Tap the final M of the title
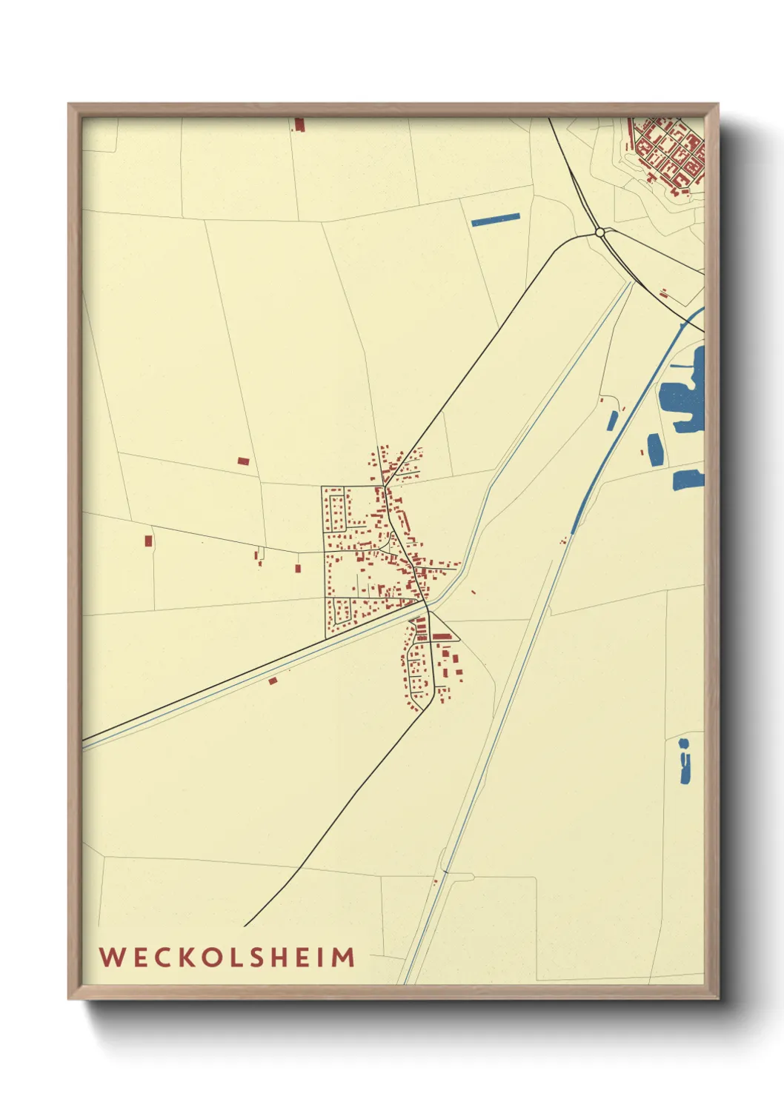[x=342, y=957]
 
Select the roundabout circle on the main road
[x=599, y=232]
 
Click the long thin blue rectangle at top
[x=496, y=219]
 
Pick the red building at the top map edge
[x=299, y=124]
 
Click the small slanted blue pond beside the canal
[x=612, y=421]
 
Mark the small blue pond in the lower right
[x=685, y=763]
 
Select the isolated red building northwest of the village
[x=243, y=461]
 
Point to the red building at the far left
[x=148, y=541]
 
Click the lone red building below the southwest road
[x=273, y=681]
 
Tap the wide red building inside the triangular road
[x=442, y=636]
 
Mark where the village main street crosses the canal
[x=426, y=604]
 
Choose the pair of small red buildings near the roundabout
[x=663, y=293]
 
